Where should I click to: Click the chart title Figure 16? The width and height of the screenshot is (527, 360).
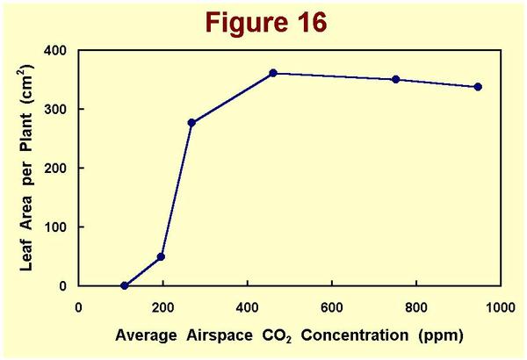(x=263, y=21)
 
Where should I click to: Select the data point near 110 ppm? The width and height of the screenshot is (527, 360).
(x=125, y=285)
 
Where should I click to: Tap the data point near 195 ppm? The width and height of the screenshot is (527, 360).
(x=161, y=256)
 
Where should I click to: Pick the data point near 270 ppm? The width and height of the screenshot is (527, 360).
(x=191, y=122)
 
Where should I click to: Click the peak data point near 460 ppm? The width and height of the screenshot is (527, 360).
(x=273, y=73)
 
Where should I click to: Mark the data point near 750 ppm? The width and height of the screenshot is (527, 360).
(x=396, y=79)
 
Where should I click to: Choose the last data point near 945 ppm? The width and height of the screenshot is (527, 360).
(x=478, y=87)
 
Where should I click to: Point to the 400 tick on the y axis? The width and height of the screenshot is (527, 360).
(x=57, y=50)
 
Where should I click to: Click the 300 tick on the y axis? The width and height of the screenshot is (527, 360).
(x=57, y=109)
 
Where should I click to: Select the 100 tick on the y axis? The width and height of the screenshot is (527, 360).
(x=57, y=227)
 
